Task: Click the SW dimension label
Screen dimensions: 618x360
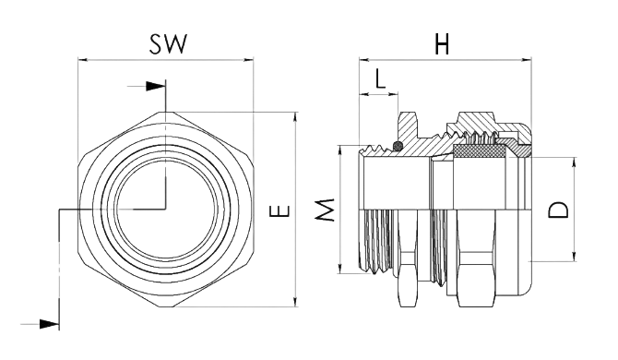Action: point(167,43)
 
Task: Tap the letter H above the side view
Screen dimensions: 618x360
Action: point(442,43)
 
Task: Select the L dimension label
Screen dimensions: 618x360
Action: point(379,78)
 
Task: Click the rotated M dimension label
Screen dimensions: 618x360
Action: point(326,210)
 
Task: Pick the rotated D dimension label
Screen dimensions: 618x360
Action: point(558,210)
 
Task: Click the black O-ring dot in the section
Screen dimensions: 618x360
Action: point(398,146)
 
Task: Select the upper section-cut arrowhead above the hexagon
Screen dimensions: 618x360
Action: point(155,86)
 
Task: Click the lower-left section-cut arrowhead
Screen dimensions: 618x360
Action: point(49,325)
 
